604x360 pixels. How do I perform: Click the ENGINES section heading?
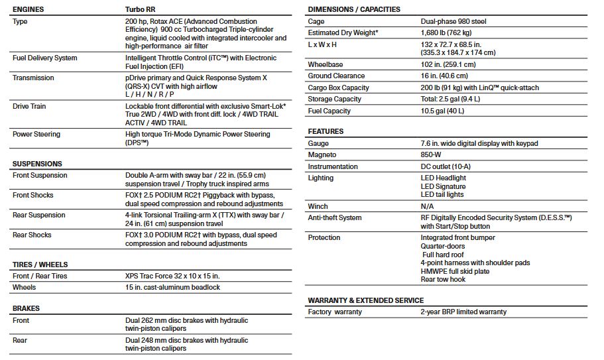pos(29,10)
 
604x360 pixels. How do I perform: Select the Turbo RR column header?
pos(142,10)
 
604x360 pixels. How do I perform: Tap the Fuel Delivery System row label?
pos(44,58)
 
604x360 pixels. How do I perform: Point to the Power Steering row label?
pos(36,135)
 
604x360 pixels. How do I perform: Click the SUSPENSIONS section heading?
pos(37,164)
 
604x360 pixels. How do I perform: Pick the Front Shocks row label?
pos(32,196)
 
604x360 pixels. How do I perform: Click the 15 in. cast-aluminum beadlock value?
pos(172,288)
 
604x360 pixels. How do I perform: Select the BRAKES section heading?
pos(26,308)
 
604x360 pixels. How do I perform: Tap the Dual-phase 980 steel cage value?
pos(453,22)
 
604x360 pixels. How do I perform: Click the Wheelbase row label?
pos(326,65)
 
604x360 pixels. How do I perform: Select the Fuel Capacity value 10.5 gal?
pos(442,111)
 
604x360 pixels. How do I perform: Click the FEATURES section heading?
pos(326,131)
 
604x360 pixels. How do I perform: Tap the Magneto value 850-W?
pos(432,155)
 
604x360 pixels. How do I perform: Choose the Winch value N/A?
pos(427,206)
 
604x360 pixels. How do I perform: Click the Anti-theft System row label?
pos(335,217)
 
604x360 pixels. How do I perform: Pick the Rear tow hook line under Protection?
pos(443,280)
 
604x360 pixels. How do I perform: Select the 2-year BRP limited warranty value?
pos(463,312)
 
